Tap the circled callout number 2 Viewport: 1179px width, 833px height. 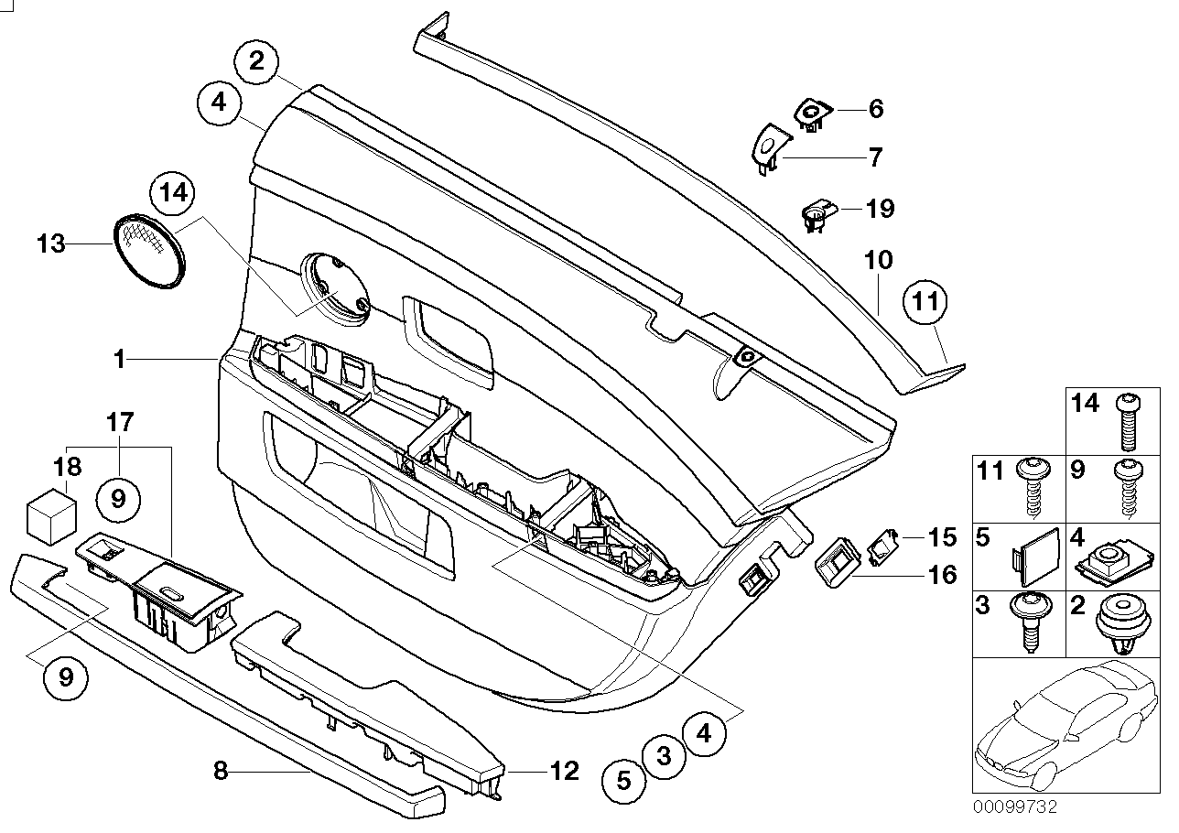(x=257, y=61)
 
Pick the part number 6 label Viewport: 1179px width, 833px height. (x=876, y=109)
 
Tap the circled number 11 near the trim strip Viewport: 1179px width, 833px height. (x=926, y=306)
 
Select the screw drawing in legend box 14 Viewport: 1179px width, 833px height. (x=1127, y=421)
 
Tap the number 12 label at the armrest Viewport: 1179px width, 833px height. (x=565, y=771)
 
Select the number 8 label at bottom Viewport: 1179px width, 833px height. (x=220, y=771)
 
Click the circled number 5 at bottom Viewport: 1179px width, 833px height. (x=623, y=781)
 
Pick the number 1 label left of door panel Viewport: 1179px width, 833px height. (x=119, y=360)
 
